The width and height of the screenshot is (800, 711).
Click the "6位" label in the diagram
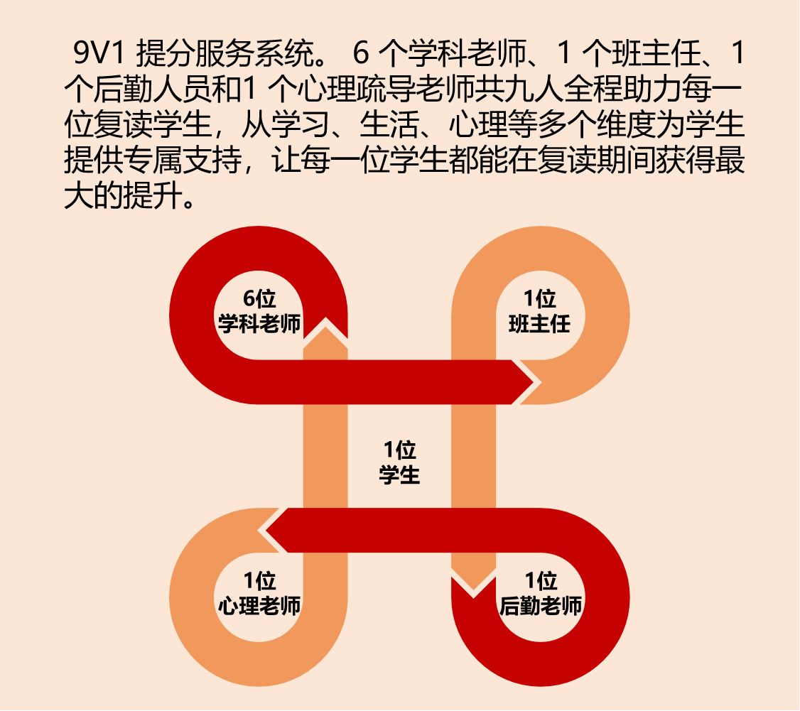[x=259, y=299]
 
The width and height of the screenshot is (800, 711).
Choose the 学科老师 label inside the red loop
[x=259, y=324]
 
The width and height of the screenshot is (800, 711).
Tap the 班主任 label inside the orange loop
[x=540, y=324]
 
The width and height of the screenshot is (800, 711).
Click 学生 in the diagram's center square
[x=399, y=474]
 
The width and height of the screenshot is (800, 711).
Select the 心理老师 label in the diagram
[x=259, y=606]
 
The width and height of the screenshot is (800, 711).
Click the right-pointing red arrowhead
[x=524, y=382]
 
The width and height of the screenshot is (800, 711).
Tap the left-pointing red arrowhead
[x=275, y=530]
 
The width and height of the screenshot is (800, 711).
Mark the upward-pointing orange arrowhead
[x=325, y=334]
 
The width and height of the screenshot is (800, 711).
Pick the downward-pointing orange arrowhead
[x=473, y=579]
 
